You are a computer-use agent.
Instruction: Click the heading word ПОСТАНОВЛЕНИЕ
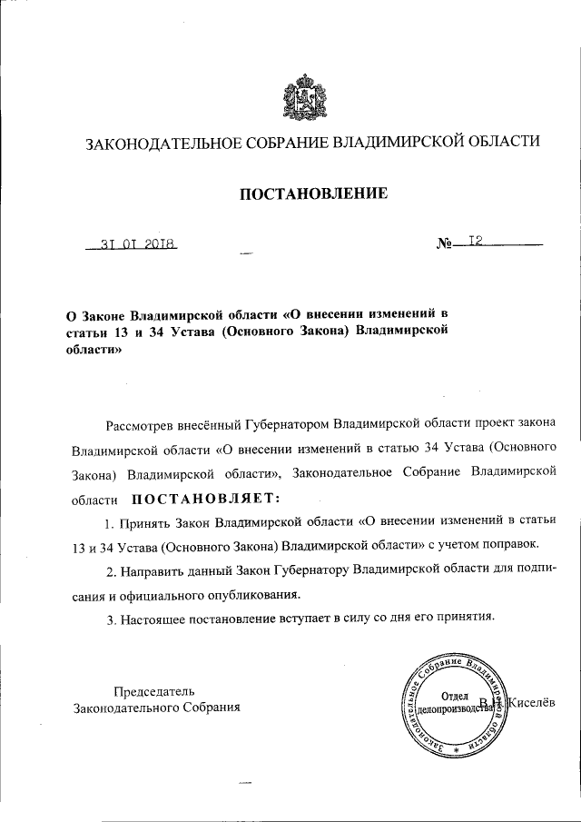[313, 193]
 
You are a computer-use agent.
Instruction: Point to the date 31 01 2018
[137, 244]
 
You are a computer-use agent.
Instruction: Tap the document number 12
[473, 242]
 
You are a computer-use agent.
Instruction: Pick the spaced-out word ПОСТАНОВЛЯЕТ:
[207, 498]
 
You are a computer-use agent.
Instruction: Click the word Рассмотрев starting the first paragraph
[141, 424]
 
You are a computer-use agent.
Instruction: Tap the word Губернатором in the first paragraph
[293, 424]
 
